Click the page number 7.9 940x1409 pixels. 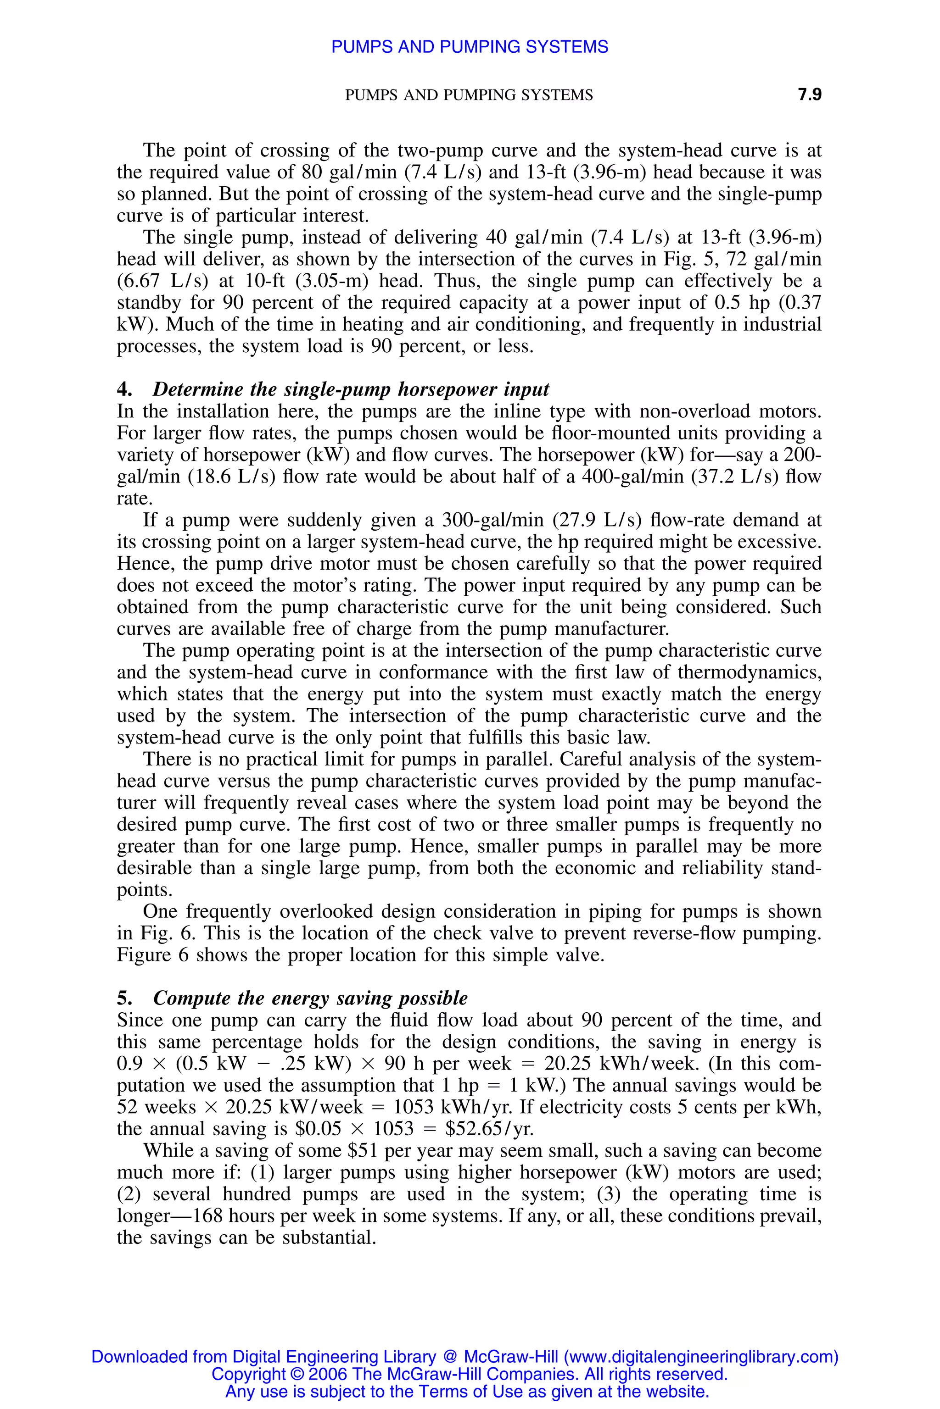coord(809,94)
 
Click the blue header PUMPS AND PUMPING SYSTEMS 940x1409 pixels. coord(470,47)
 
